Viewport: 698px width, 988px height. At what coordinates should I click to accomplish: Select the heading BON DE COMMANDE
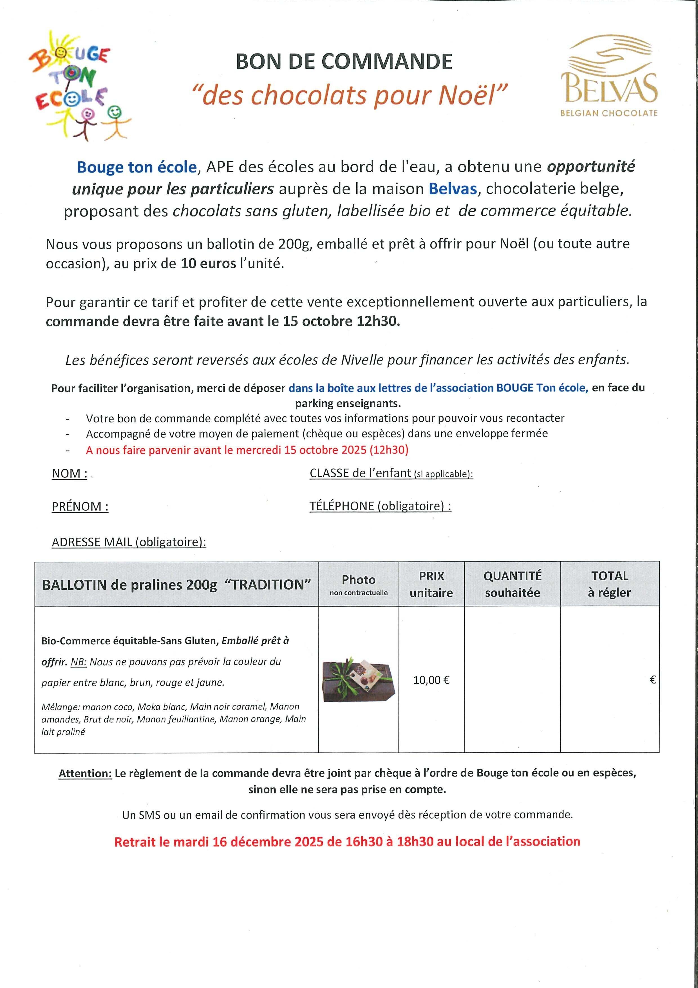(344, 61)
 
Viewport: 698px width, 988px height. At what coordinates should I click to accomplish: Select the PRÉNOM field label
(80, 506)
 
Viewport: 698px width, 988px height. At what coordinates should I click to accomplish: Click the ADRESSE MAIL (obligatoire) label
(129, 542)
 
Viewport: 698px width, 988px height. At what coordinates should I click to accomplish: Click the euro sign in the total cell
(652, 680)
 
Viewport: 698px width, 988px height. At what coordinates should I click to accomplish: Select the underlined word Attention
(85, 773)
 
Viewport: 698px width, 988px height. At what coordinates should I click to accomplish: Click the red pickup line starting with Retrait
(347, 841)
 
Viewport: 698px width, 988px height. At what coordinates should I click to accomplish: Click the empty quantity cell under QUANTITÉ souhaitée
(512, 680)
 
